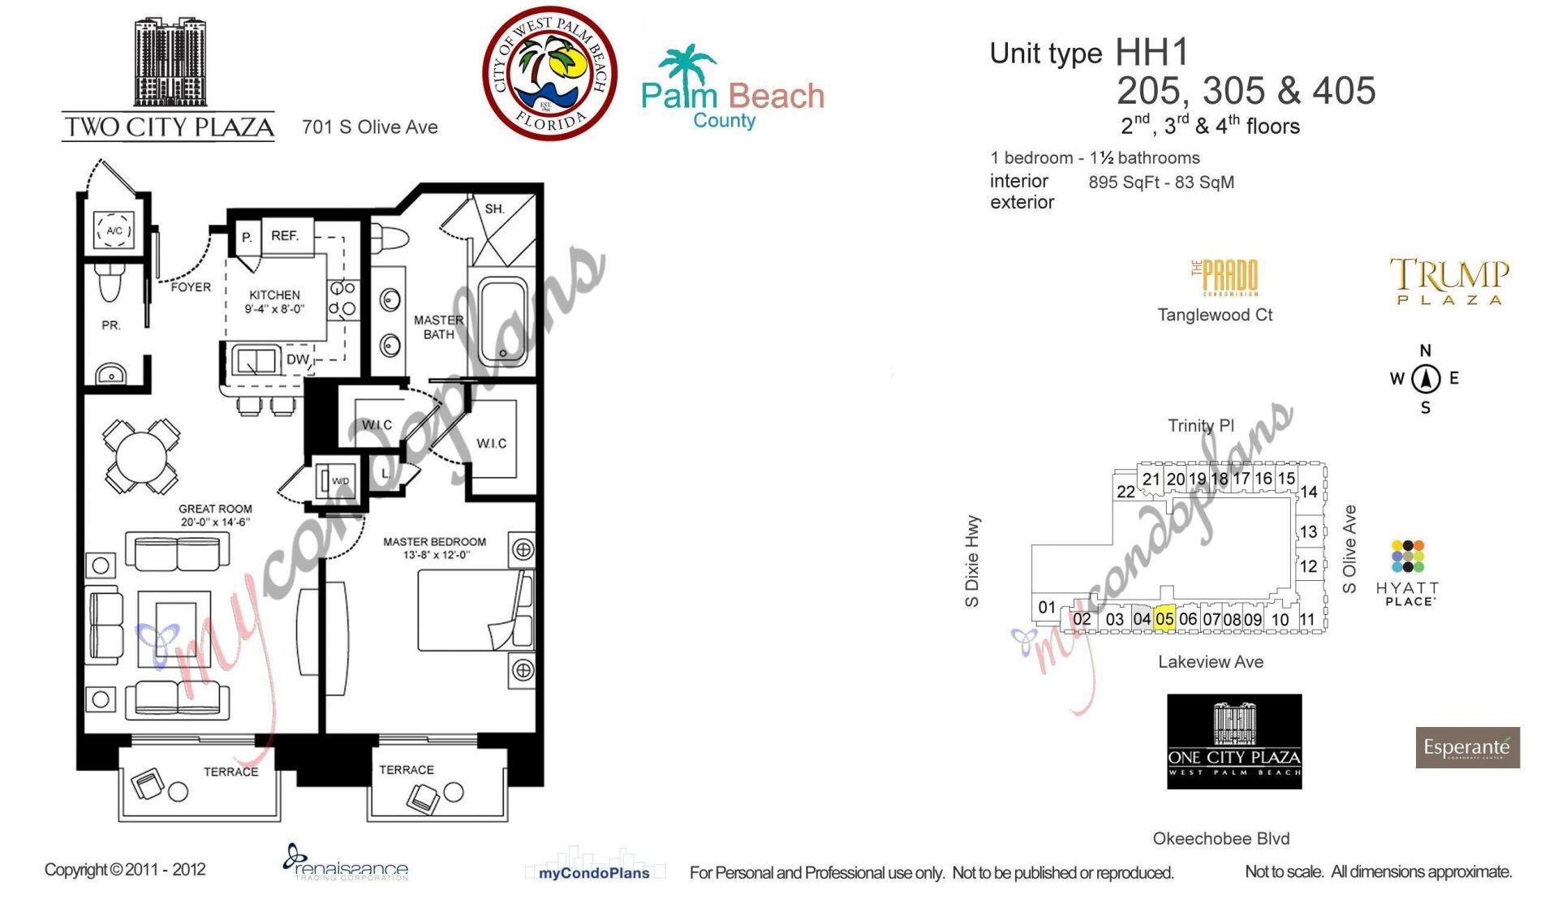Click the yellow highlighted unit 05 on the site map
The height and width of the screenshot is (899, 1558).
pos(1164,618)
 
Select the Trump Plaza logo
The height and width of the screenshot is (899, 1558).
pos(1449,281)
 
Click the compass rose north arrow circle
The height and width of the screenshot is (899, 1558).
pos(1425,378)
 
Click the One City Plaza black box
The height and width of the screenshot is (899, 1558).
pos(1234,741)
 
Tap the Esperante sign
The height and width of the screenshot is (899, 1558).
pos(1467,747)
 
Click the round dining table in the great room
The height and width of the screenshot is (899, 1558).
pos(141,457)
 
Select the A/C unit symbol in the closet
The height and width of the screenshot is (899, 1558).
pos(114,230)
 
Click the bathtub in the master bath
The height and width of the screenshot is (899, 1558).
pos(503,321)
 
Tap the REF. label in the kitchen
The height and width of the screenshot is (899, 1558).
pos(285,236)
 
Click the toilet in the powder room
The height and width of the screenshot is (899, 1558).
pos(110,282)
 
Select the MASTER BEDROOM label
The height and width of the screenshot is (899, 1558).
pos(434,542)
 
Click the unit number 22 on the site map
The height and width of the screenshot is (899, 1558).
pos(1125,492)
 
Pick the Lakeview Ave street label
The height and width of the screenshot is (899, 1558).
pos(1210,662)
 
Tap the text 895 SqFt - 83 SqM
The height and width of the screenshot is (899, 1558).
pos(1161,183)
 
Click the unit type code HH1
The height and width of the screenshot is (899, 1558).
pos(1151,53)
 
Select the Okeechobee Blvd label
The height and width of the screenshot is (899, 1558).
pos(1220,838)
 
